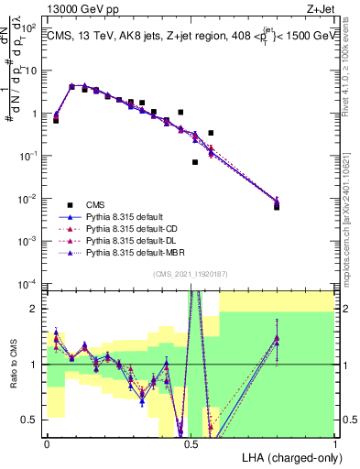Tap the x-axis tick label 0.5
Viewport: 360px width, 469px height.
(191, 443)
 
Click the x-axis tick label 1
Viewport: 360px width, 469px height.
(334, 443)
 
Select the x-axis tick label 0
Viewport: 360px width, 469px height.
(47, 443)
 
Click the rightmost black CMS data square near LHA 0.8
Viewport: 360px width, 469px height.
(277, 207)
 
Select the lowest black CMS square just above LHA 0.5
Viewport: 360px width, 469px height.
(195, 162)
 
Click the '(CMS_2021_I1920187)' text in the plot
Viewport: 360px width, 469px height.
(191, 274)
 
